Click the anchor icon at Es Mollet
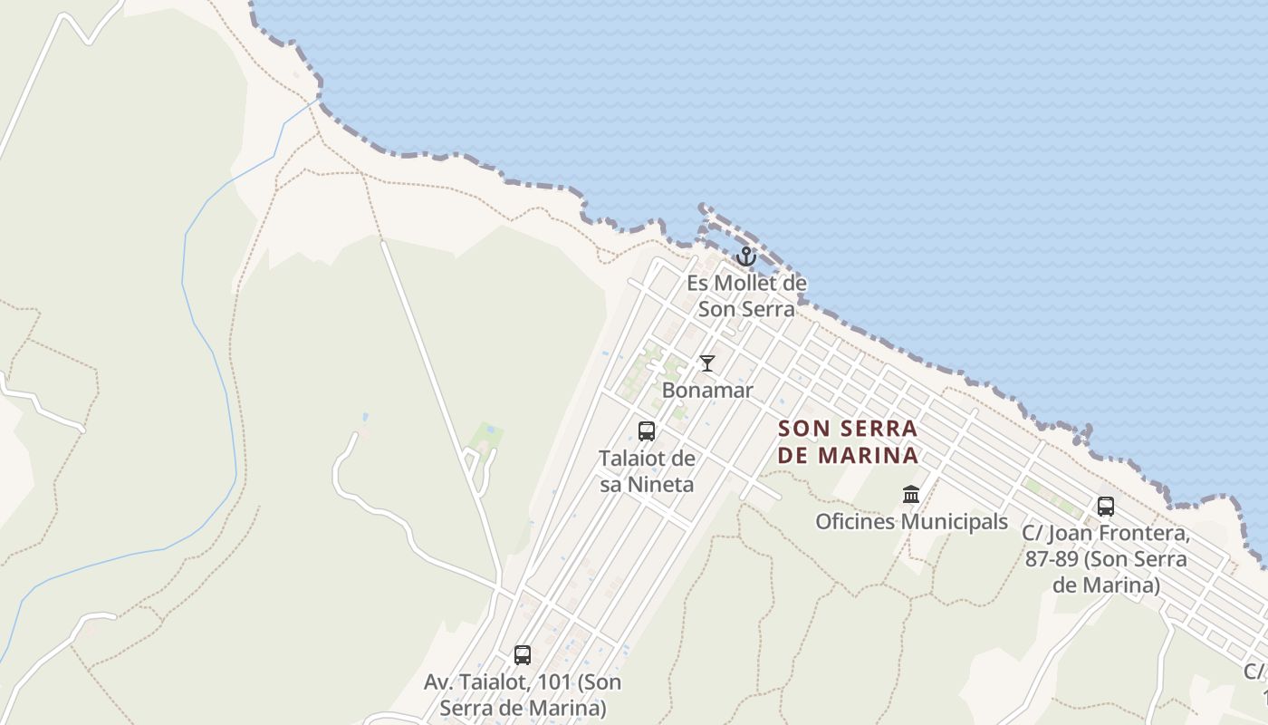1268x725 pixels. point(745,256)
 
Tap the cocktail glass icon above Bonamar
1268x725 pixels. point(707,363)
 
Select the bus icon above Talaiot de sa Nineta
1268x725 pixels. point(647,431)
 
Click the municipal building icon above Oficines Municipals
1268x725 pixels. point(911,495)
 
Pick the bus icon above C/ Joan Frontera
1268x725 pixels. point(1106,507)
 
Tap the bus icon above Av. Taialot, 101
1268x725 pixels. point(523,655)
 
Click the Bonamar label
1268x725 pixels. point(707,391)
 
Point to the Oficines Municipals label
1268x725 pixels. point(911,522)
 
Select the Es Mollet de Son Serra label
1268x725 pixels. point(746,295)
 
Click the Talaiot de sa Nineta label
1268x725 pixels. point(647,471)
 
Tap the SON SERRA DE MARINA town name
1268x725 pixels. point(848,441)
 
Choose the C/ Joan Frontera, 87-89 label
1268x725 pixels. point(1106,559)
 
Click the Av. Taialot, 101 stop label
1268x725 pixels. point(523,694)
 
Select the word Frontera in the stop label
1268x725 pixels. point(1144,533)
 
